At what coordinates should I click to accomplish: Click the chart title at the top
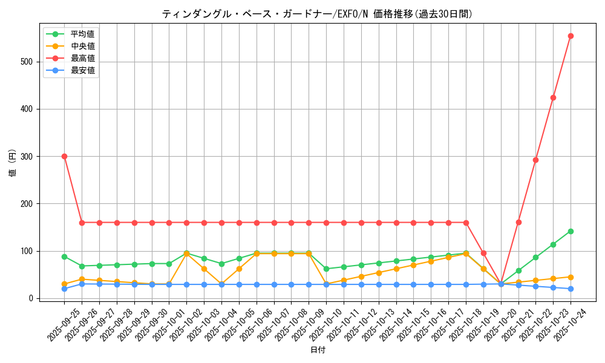(x=317, y=14)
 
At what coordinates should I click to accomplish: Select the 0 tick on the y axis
(x=33, y=298)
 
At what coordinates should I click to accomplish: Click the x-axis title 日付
(x=317, y=350)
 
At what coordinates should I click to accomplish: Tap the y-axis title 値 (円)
(x=12, y=163)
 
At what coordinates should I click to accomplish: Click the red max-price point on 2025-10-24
(x=571, y=36)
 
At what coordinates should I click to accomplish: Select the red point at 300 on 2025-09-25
(x=64, y=156)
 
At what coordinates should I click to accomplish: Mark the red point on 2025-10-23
(x=553, y=97)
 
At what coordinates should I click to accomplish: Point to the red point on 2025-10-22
(x=535, y=160)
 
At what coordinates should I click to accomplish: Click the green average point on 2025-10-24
(x=571, y=231)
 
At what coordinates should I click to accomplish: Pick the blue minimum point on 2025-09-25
(x=64, y=289)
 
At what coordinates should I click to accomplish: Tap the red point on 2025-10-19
(x=483, y=253)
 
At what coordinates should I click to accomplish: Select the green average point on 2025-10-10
(x=326, y=269)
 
